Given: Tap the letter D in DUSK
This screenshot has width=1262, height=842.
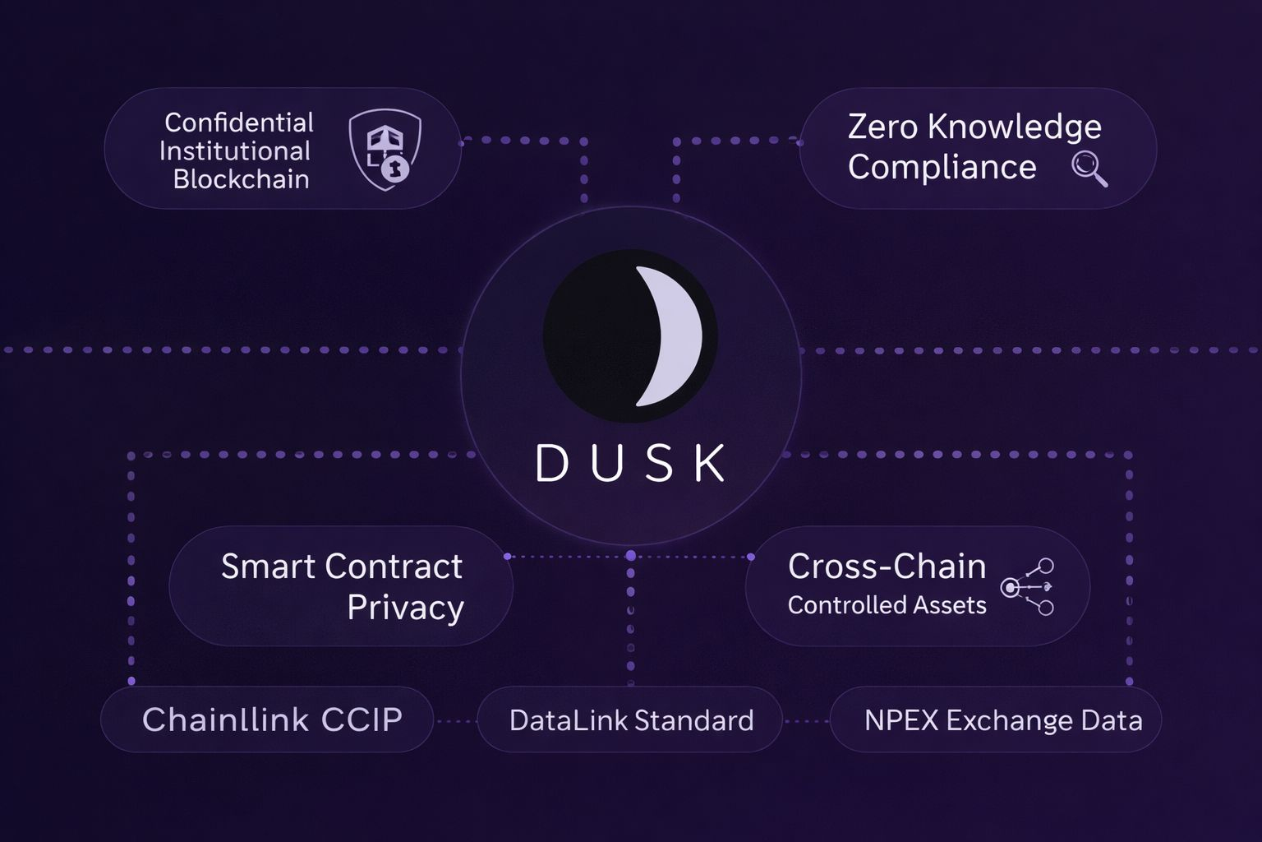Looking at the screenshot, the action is point(552,463).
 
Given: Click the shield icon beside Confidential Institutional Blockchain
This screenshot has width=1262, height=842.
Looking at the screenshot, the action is point(385,150).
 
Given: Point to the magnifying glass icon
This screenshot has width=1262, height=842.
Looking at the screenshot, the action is point(1089,169).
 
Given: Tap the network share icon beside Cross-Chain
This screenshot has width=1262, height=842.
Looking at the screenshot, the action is point(1028,586).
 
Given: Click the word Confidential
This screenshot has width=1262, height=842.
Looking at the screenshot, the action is point(238,123).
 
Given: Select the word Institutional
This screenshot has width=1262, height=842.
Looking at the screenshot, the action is point(234,151).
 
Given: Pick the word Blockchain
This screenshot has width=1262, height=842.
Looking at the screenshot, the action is point(241,179).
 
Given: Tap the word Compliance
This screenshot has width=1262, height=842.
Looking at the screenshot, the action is point(942,168).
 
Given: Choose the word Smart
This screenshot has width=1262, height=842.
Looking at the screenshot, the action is point(268,567).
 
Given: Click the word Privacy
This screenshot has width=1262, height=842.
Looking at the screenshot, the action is point(405,608).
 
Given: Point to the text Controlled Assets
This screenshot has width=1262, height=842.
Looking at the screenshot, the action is point(887,605).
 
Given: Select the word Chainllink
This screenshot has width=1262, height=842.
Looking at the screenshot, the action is point(225,719).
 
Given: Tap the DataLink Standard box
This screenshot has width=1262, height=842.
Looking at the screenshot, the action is point(630,720).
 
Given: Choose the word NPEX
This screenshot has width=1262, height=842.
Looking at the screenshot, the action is point(900,720).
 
